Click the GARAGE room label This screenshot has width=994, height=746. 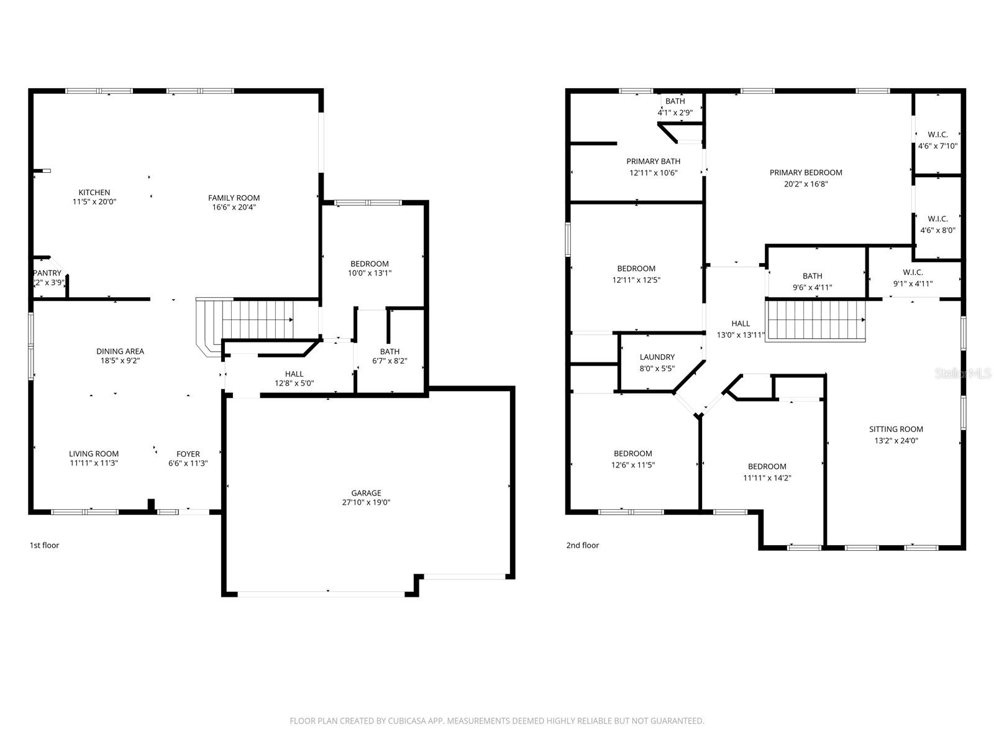click(x=366, y=493)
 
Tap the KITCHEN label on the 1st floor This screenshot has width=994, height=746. click(x=94, y=192)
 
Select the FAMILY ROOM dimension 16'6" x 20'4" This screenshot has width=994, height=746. click(x=234, y=207)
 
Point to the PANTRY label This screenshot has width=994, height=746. click(x=48, y=273)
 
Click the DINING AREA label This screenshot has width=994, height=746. click(x=120, y=351)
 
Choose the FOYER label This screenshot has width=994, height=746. click(x=188, y=454)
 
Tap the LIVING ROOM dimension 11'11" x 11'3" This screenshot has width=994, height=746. click(x=94, y=463)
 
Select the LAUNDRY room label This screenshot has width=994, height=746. click(x=657, y=357)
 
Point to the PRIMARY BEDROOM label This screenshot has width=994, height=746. click(x=806, y=173)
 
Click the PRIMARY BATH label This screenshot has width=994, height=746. click(x=653, y=162)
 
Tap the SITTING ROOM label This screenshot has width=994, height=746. click(x=896, y=429)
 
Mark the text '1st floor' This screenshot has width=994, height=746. click(x=45, y=545)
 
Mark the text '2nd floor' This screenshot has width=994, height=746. click(x=582, y=545)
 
